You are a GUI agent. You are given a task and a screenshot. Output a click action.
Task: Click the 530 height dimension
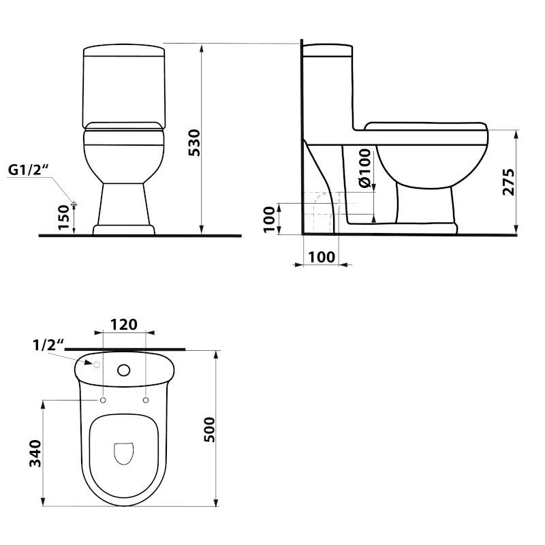[194, 142]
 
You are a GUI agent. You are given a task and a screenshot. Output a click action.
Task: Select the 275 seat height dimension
[508, 181]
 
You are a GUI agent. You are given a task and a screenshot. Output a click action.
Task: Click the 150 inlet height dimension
[64, 219]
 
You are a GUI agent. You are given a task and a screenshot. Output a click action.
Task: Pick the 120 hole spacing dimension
[123, 324]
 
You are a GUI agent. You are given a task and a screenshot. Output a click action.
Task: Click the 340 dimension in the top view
[35, 454]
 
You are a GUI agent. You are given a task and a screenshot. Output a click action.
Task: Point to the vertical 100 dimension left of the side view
[269, 219]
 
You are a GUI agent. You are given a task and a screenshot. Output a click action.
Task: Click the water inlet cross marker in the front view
[74, 204]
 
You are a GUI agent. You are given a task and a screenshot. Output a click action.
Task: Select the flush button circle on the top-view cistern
[124, 371]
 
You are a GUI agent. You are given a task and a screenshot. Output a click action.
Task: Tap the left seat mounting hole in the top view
[102, 401]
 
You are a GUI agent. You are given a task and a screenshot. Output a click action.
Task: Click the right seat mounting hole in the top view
[146, 401]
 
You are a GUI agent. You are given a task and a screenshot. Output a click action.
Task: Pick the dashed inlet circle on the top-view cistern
[87, 365]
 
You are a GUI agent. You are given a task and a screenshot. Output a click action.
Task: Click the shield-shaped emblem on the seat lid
[123, 453]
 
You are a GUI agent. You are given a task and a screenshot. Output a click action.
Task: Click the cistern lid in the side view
[328, 49]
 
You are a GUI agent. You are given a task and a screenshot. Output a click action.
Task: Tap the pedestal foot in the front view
[123, 230]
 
